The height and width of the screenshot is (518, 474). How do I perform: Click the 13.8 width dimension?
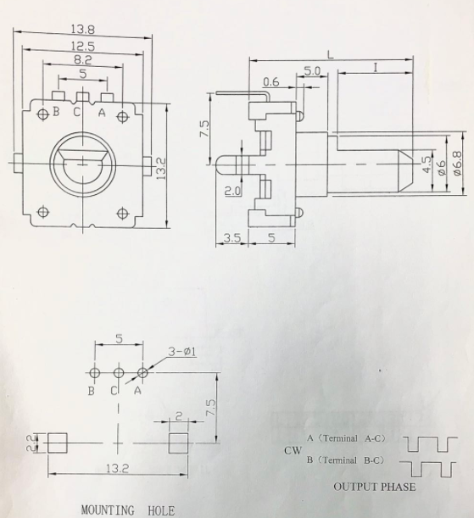point(83,30)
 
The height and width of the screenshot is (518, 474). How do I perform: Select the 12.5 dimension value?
point(83,46)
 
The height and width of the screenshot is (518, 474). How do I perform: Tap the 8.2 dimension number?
point(83,60)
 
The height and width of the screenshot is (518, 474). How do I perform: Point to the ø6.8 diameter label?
point(458,163)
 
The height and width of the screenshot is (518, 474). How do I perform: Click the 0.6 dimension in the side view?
point(271,81)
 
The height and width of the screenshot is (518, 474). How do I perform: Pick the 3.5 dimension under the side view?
point(232,237)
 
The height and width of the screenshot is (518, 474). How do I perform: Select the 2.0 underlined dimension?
point(233,191)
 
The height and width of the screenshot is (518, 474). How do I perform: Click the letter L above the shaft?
point(331,54)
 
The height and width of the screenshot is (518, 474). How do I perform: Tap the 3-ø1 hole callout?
point(182,352)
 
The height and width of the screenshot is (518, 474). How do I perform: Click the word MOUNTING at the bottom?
point(108,510)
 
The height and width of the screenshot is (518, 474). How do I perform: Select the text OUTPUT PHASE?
point(375,487)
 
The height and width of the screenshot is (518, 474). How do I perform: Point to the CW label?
point(293,450)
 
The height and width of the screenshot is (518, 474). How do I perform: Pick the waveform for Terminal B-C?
point(427,469)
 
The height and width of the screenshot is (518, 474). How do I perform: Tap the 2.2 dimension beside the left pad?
point(31,443)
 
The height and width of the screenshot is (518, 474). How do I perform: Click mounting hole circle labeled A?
point(142,373)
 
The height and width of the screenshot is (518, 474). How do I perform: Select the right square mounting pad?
point(178,443)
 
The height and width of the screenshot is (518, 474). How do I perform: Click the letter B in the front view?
point(56,111)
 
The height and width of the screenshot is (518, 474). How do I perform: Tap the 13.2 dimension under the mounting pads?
point(117,468)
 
